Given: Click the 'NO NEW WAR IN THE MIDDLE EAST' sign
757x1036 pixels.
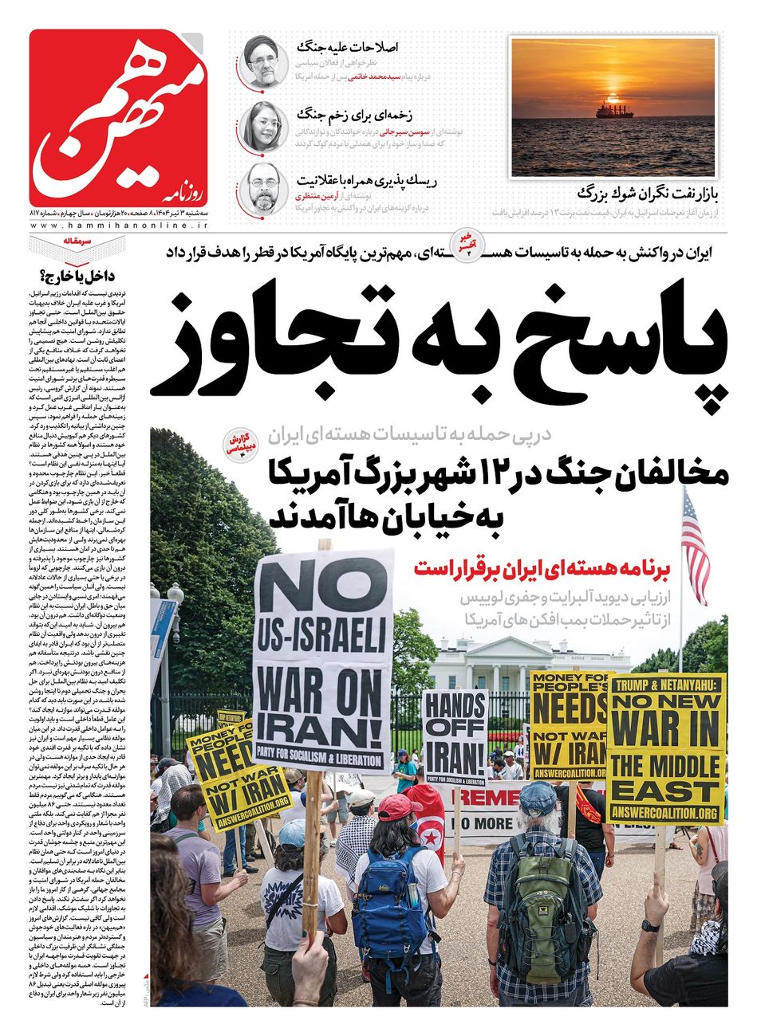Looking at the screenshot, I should pos(666,749).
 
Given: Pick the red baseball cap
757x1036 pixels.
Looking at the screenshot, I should pos(399,807).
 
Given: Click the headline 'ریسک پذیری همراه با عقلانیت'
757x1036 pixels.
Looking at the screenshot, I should pos(348,178).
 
